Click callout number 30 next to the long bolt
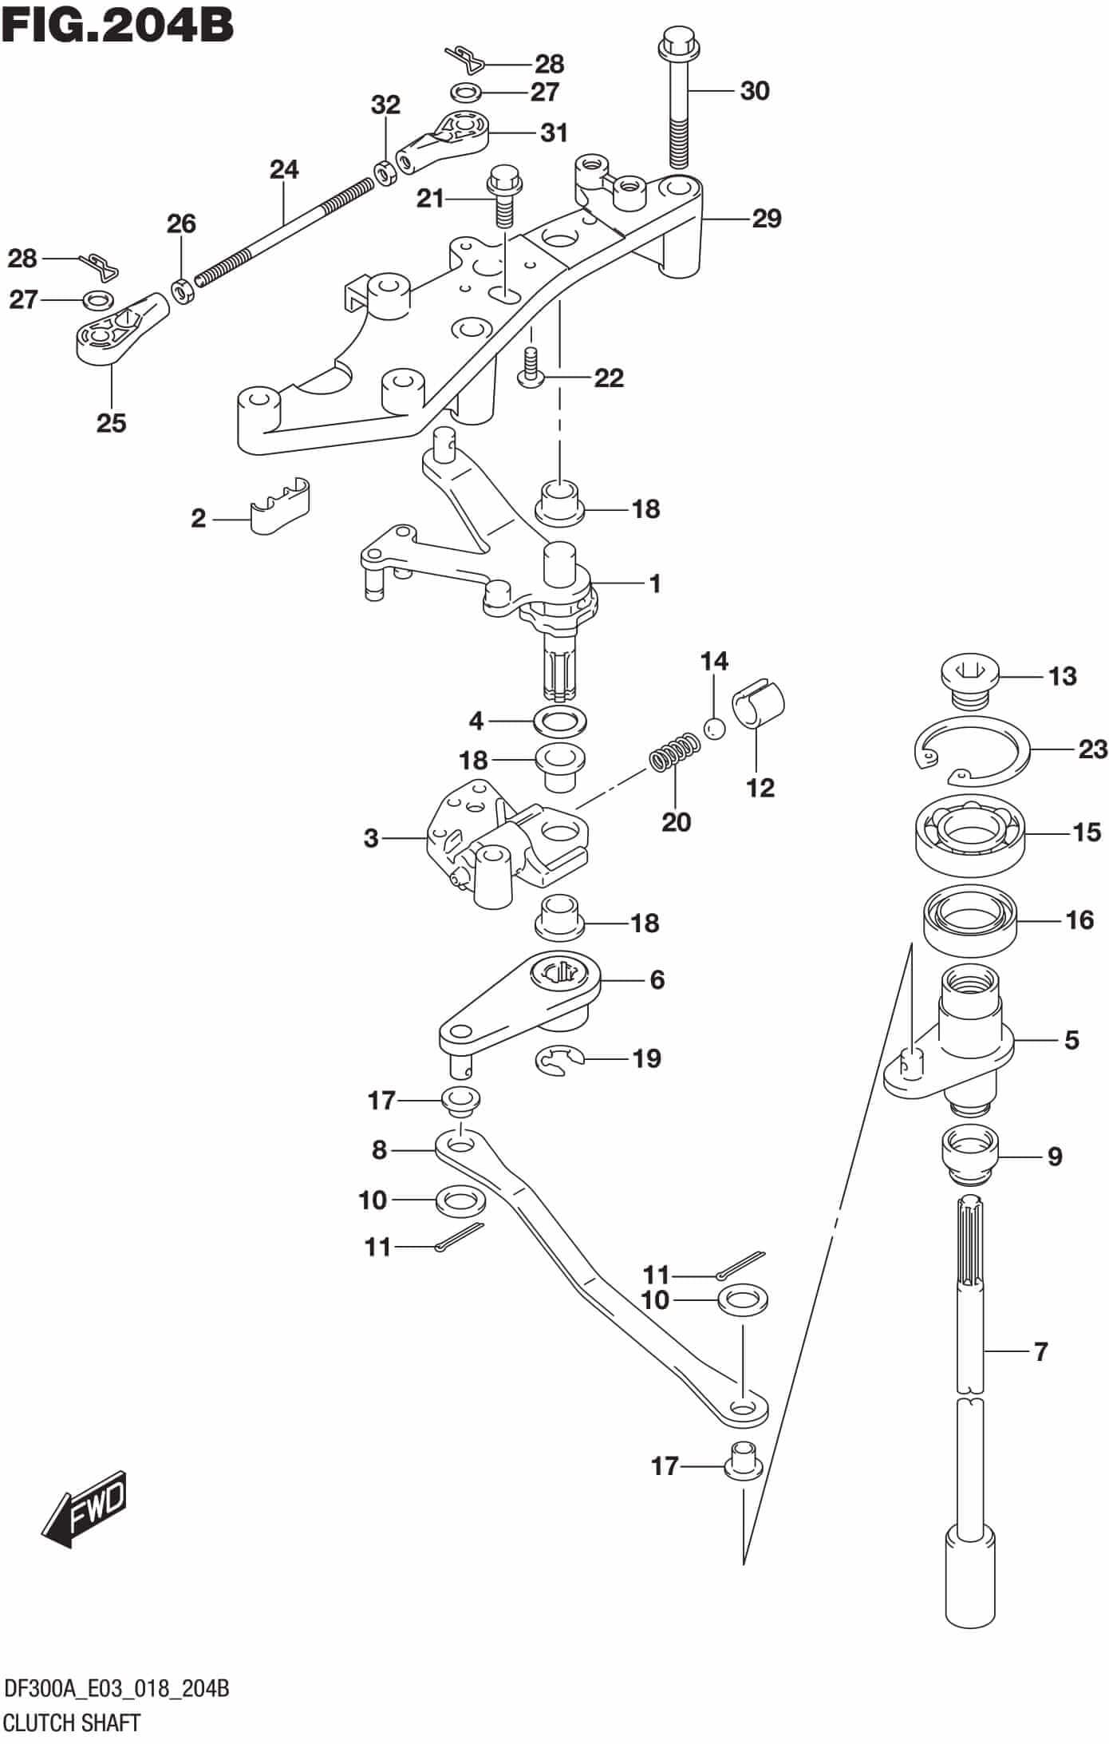tap(754, 91)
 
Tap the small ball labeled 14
tap(714, 728)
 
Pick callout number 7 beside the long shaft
tap(1040, 1352)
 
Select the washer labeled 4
tap(562, 722)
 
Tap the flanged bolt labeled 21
tap(503, 196)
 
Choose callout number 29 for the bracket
tap(766, 219)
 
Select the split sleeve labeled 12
tap(760, 702)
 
